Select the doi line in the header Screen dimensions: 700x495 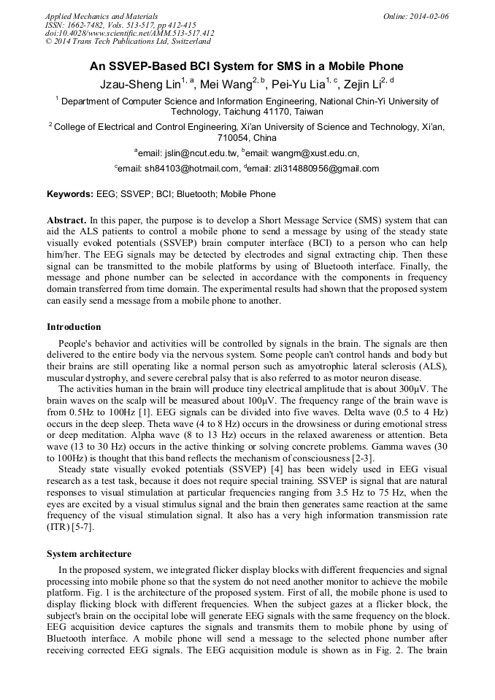[x=130, y=34]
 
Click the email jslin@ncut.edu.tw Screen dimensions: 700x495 [x=201, y=153]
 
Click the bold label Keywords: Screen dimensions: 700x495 [x=70, y=194]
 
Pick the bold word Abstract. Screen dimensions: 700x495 [x=67, y=220]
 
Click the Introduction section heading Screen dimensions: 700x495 [x=74, y=326]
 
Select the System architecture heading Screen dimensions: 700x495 [x=89, y=553]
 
